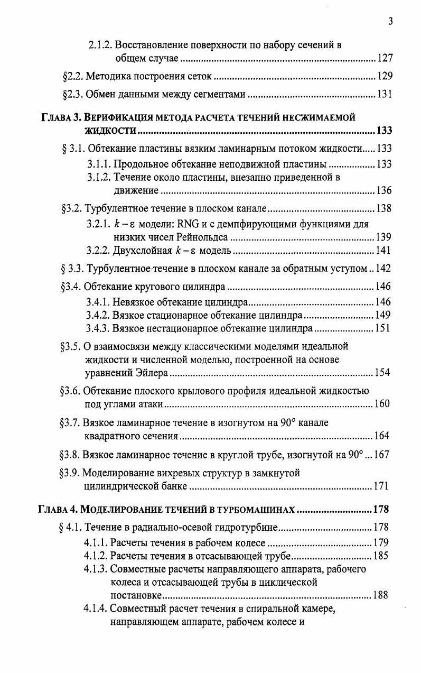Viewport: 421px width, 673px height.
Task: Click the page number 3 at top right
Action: pyautogui.click(x=390, y=22)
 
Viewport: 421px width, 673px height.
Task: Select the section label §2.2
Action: pyautogui.click(x=73, y=77)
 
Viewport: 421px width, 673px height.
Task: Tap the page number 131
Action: pyautogui.click(x=385, y=95)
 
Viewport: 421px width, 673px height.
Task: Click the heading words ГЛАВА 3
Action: pyautogui.click(x=59, y=117)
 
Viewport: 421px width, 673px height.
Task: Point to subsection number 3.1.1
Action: pyautogui.click(x=99, y=164)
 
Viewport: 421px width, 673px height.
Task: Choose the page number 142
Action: pyautogui.click(x=383, y=269)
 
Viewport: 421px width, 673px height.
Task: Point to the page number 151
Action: pyautogui.click(x=381, y=328)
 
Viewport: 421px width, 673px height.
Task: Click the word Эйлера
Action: pyautogui.click(x=152, y=373)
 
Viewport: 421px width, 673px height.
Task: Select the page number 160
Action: pyautogui.click(x=381, y=404)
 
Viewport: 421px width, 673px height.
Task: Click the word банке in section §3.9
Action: pyautogui.click(x=172, y=485)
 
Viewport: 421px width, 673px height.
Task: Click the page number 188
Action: pyautogui.click(x=380, y=595)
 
